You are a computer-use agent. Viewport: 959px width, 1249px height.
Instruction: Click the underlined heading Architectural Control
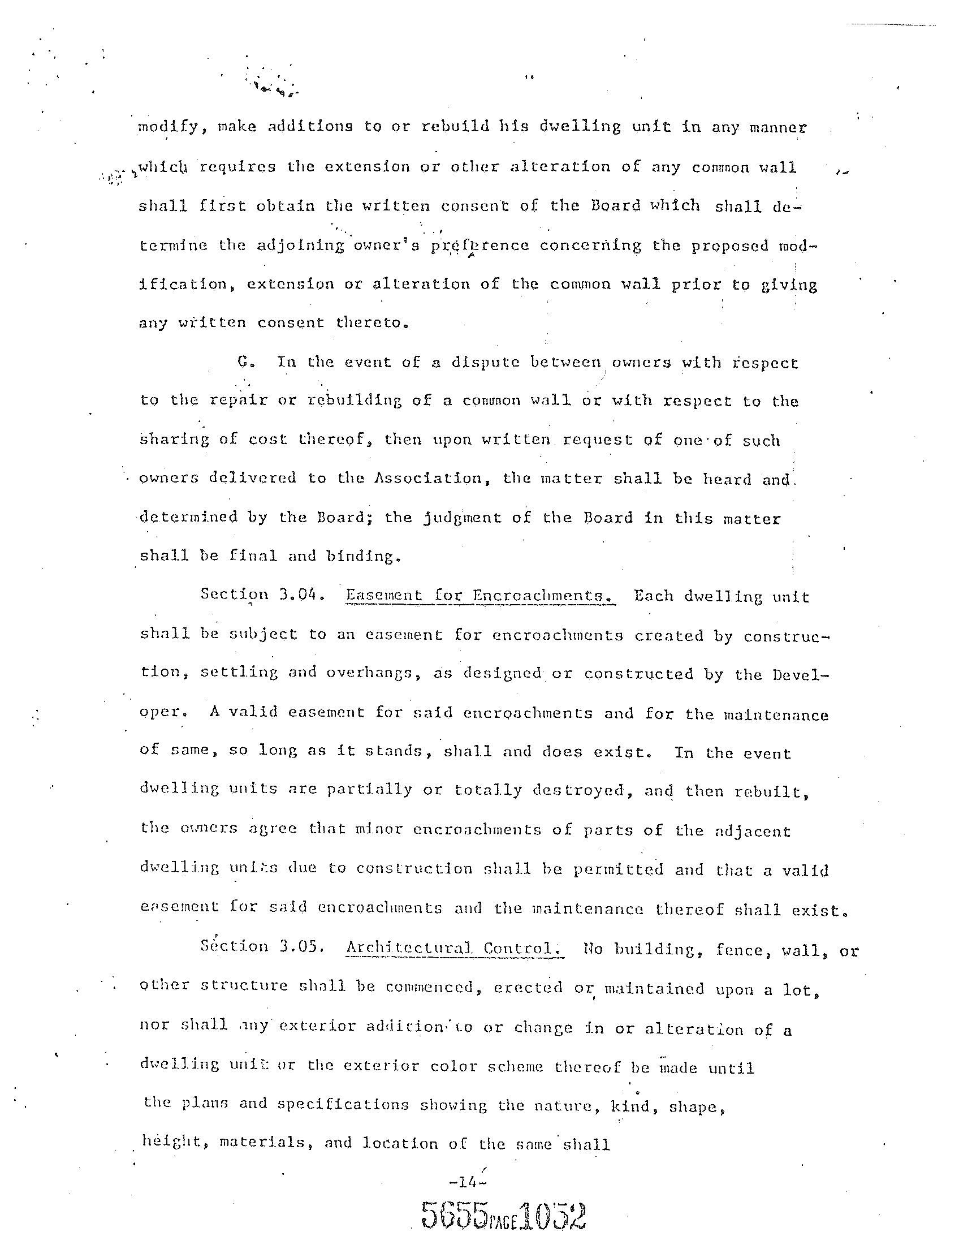coord(455,948)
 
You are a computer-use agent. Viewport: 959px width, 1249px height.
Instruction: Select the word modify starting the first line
coord(167,127)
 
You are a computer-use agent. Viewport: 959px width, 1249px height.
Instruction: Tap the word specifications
coord(343,1105)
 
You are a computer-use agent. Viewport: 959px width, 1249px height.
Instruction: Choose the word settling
coord(239,673)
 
